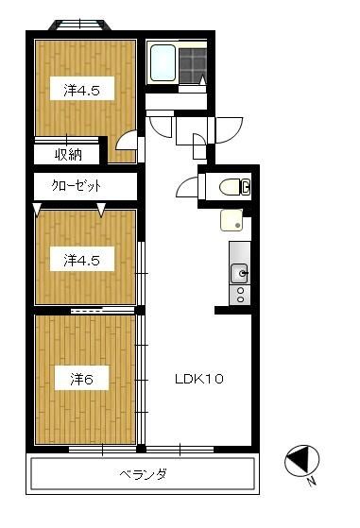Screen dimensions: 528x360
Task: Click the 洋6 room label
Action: pyautogui.click(x=81, y=380)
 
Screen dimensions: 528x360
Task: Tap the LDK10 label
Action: pyautogui.click(x=199, y=380)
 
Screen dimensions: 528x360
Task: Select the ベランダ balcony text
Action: pyautogui.click(x=144, y=473)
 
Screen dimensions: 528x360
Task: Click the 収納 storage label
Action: pyautogui.click(x=67, y=155)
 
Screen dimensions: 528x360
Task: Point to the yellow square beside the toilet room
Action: pyautogui.click(x=231, y=222)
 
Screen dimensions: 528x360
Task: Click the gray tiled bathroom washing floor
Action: pyautogui.click(x=194, y=64)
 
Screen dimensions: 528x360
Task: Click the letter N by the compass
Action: pyautogui.click(x=311, y=482)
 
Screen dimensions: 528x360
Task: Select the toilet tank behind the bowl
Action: pyautogui.click(x=246, y=188)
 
